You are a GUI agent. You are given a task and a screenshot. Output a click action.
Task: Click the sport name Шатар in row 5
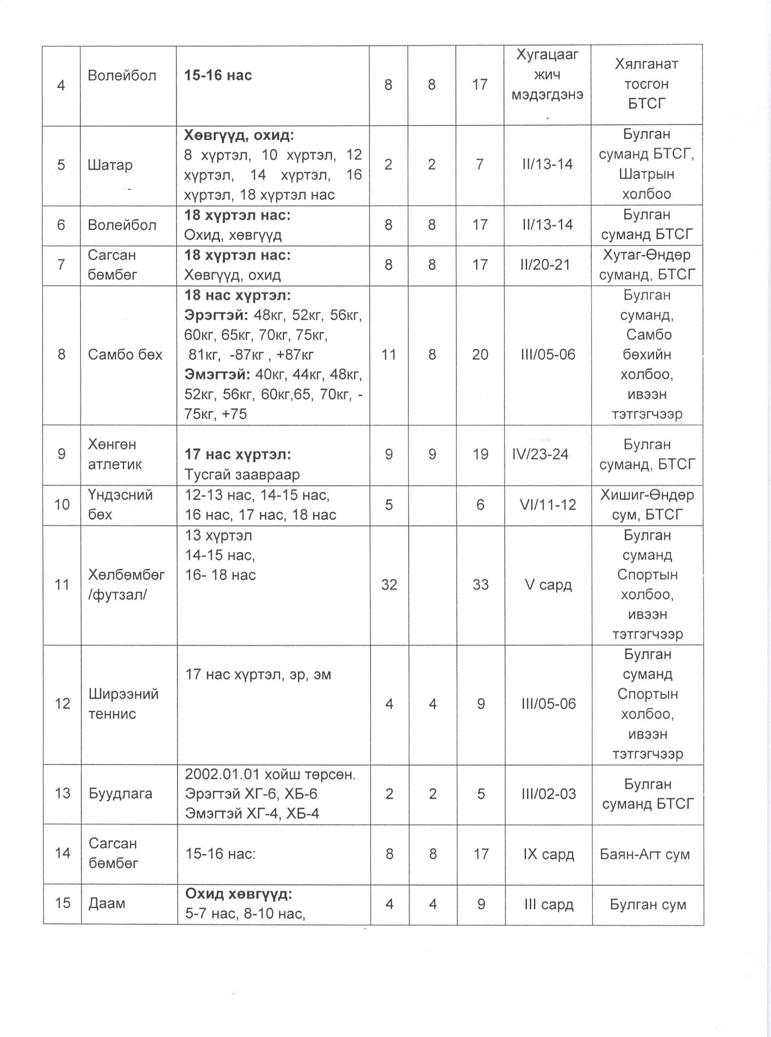coord(110,165)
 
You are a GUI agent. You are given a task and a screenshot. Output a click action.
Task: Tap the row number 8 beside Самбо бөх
coord(62,354)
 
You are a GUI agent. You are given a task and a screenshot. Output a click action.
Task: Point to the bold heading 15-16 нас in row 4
coord(218,75)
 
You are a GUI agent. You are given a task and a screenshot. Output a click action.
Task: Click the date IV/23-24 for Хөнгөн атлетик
coord(540,454)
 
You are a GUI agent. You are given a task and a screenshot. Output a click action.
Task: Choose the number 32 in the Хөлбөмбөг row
coord(389,584)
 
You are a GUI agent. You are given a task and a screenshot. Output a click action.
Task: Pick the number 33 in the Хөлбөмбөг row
coord(480,584)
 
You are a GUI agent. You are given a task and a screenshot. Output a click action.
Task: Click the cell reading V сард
coord(548,584)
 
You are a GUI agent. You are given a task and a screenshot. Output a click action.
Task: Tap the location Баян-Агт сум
coord(645,854)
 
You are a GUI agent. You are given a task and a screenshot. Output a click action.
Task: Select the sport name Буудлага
coord(120,793)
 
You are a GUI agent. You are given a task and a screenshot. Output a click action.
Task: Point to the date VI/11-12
coord(548,504)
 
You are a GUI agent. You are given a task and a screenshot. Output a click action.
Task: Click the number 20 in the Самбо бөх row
coord(480,354)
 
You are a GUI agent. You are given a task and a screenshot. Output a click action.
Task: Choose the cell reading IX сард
coord(548,854)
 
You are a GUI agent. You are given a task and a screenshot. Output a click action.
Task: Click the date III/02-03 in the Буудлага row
coord(548,793)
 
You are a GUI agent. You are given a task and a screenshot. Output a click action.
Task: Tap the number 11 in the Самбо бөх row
coord(388,354)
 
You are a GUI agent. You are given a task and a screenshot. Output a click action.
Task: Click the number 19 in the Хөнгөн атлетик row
coord(480,454)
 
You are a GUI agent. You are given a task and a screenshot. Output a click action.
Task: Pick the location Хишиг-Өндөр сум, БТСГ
coord(647,504)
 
